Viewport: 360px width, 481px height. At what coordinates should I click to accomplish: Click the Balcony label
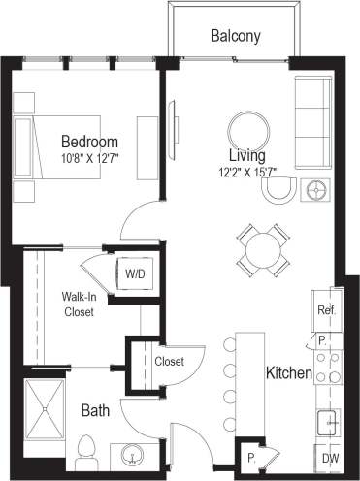(235, 37)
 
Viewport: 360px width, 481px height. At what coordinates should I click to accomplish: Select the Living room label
(247, 155)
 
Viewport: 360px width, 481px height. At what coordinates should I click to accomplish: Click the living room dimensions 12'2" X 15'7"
(248, 173)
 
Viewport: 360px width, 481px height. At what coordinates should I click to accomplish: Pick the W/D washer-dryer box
(134, 274)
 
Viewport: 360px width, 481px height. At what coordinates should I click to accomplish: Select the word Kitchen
(289, 372)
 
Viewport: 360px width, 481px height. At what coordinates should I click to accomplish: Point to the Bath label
(94, 411)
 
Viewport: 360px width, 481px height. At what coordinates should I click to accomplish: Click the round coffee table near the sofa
(247, 129)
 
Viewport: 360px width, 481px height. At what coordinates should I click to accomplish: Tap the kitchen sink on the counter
(328, 422)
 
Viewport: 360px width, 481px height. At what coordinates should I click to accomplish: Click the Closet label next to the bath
(170, 362)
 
